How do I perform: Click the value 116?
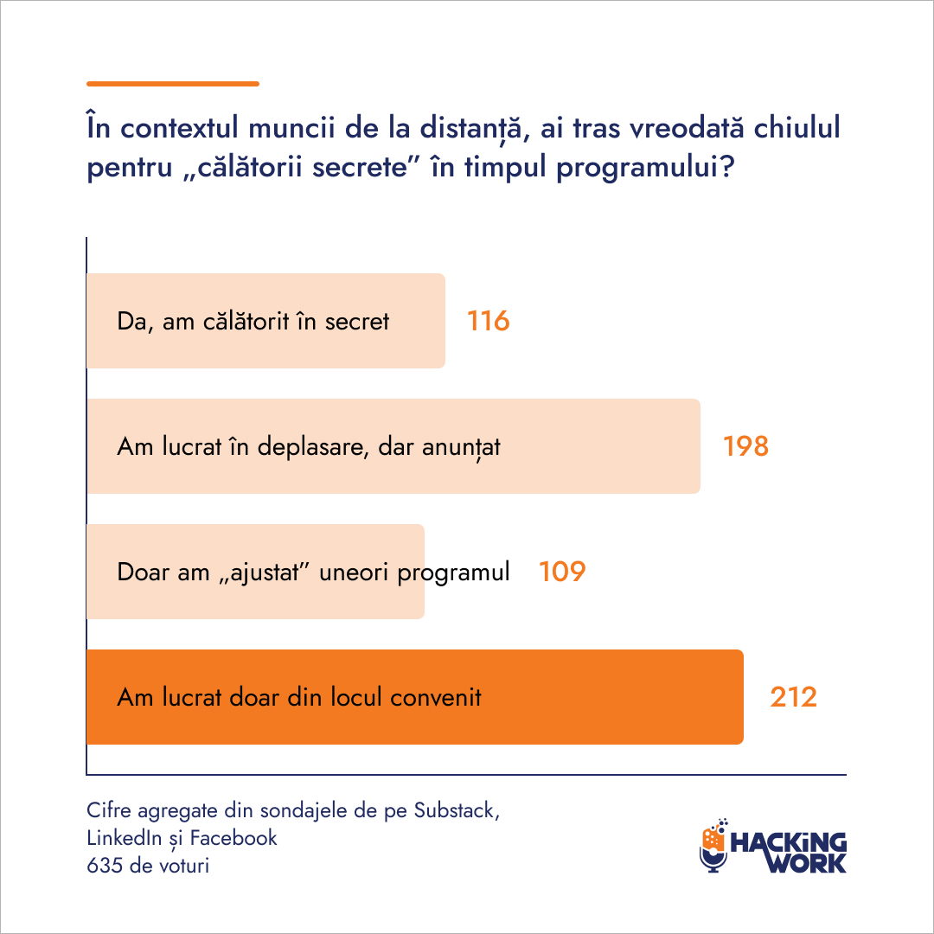(x=488, y=321)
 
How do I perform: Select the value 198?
(x=745, y=446)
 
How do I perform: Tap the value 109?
(x=562, y=572)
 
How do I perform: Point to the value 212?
(x=793, y=697)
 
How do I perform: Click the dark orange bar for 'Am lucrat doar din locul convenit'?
(x=415, y=697)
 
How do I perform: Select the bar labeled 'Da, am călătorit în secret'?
(x=266, y=321)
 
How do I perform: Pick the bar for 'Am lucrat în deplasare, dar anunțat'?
(x=393, y=446)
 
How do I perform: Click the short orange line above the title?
(x=173, y=84)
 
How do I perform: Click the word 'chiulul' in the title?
(x=797, y=127)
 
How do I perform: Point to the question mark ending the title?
(x=726, y=167)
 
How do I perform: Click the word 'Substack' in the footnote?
(x=457, y=810)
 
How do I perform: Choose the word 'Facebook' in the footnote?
(x=233, y=838)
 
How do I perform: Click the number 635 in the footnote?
(x=105, y=866)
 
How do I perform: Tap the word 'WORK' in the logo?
(x=807, y=863)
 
